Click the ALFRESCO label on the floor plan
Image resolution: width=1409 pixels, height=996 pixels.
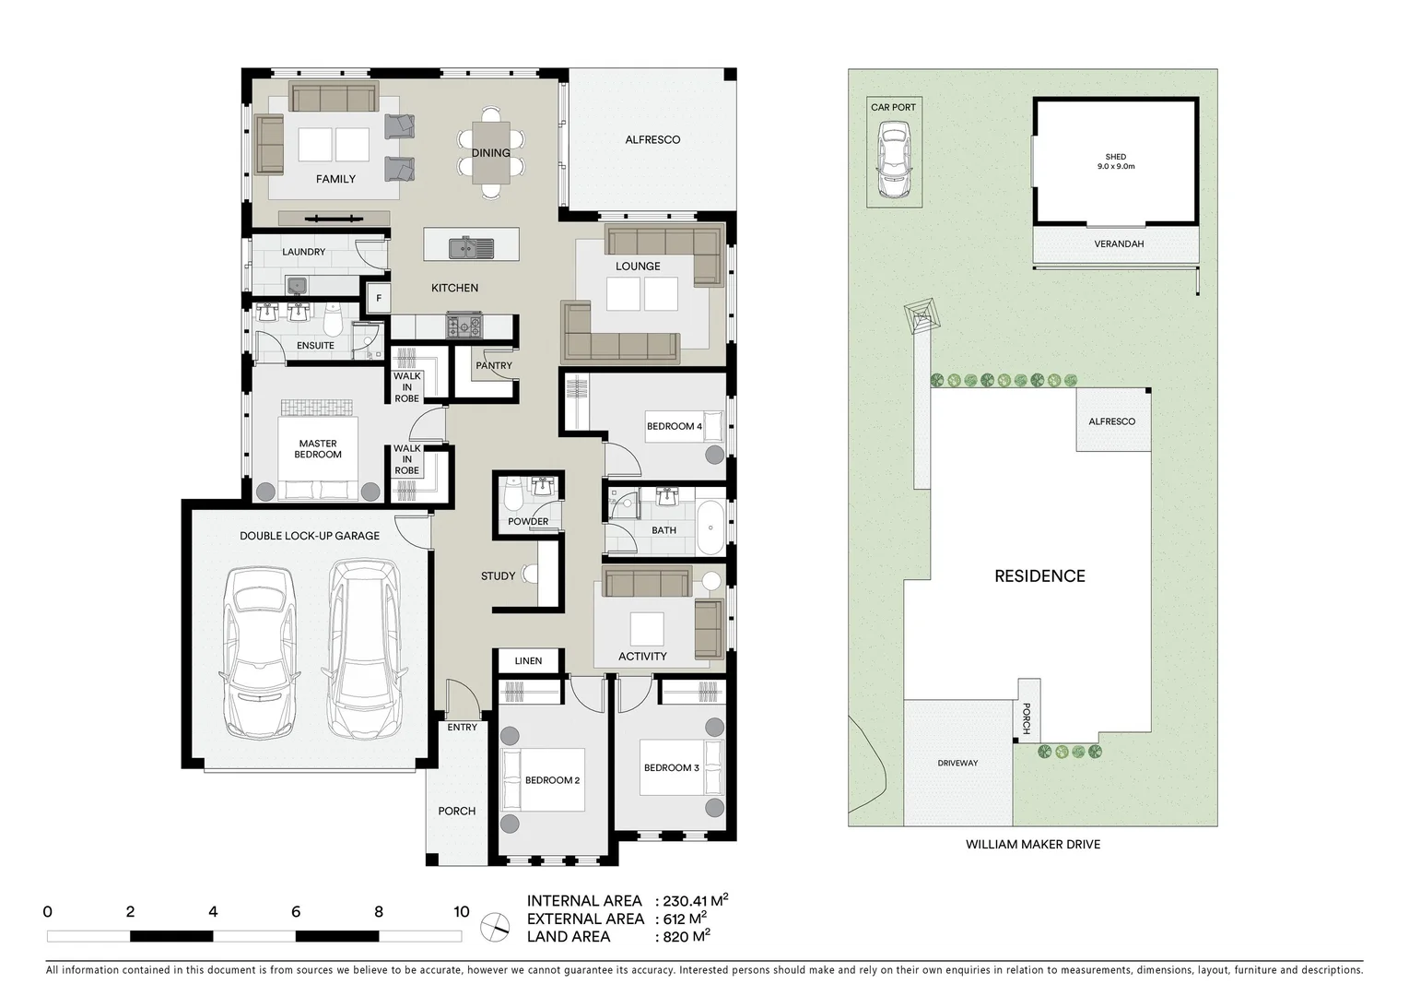coord(652,140)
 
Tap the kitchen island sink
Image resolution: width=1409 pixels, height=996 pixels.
coord(470,247)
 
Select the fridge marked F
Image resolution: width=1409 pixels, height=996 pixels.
coord(377,298)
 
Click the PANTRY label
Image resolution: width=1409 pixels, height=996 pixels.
coord(494,366)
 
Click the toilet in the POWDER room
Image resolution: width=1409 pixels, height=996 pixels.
coord(513,498)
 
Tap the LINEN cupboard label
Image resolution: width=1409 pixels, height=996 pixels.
coord(528,660)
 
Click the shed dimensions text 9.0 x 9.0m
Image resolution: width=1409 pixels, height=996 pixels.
coord(1115,167)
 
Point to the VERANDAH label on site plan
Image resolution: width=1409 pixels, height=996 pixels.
coord(1119,244)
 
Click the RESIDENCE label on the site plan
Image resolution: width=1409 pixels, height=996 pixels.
coord(1039,576)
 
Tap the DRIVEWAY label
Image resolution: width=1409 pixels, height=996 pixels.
coord(957,763)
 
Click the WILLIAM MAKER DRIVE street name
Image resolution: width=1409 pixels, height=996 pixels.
coord(1032,844)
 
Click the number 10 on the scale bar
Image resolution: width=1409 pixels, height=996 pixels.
coord(462,912)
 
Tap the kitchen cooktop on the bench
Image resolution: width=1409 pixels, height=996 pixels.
coord(464,326)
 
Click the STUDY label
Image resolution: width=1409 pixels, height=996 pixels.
coord(498,576)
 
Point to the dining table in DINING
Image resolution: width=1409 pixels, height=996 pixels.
coord(491,152)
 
